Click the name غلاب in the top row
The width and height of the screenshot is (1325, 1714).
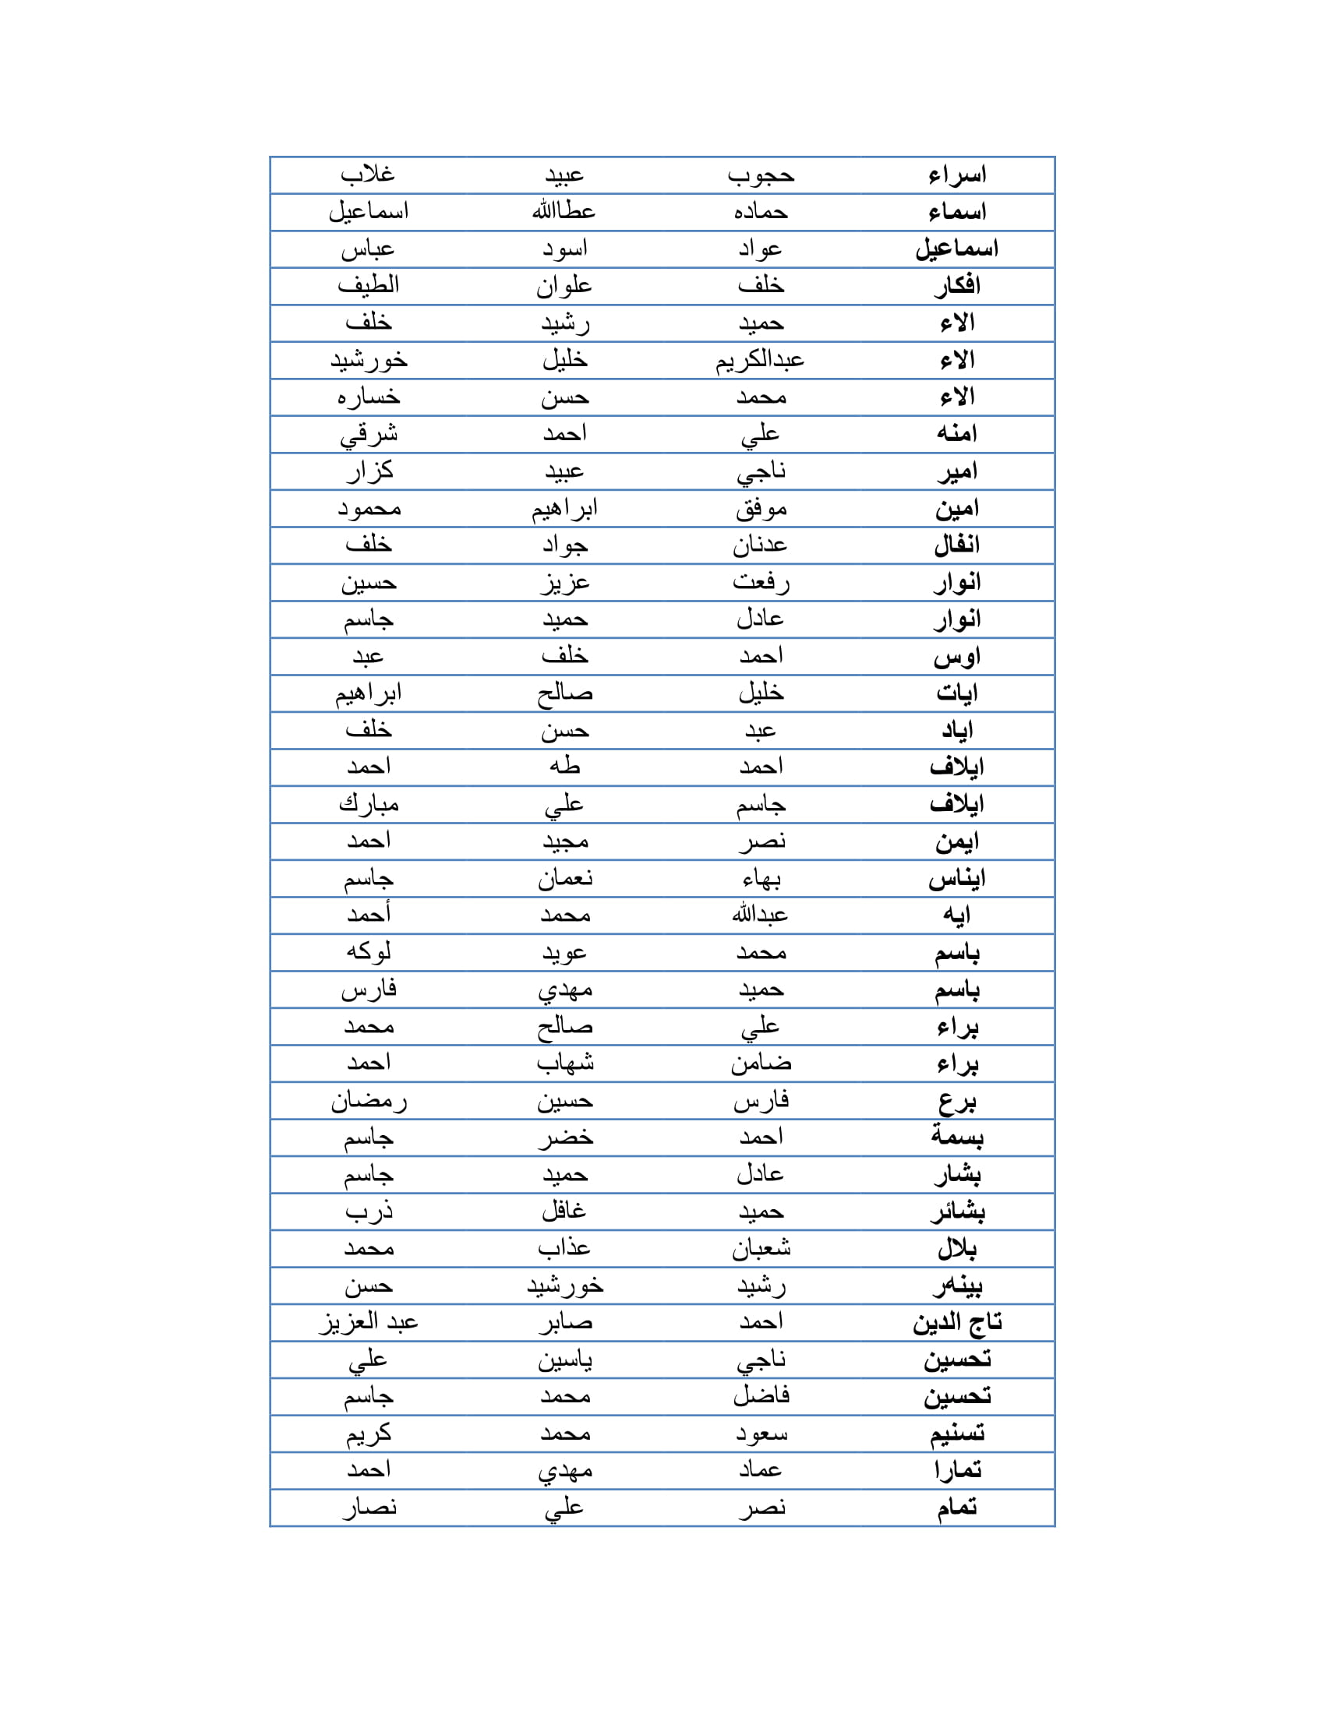tap(367, 175)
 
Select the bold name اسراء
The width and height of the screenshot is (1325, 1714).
tap(957, 175)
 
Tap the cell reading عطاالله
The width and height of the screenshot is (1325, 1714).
tap(564, 211)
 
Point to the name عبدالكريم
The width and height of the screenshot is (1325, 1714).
tap(760, 359)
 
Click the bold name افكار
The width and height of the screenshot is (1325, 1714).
tap(957, 286)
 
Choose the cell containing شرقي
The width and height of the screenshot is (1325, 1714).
tap(368, 434)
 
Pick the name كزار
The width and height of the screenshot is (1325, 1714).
tap(369, 471)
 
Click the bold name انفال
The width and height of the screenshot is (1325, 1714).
tap(957, 545)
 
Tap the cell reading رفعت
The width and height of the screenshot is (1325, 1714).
tap(760, 582)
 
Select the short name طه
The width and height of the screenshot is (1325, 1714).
tap(564, 767)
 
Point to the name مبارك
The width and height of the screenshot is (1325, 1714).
tap(368, 804)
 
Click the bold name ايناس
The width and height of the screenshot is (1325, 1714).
tap(957, 878)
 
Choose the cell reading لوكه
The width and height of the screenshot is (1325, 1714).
tap(368, 952)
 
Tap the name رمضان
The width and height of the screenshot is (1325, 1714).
tap(368, 1100)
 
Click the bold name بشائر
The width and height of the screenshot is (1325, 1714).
tap(957, 1211)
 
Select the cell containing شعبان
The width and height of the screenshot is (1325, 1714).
tap(760, 1249)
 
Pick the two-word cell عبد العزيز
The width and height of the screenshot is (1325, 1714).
tap(368, 1322)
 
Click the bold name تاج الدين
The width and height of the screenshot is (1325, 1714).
tap(957, 1322)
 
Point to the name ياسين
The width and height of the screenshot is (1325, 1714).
tap(564, 1360)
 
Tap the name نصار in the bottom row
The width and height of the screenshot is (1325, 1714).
tap(369, 1508)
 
